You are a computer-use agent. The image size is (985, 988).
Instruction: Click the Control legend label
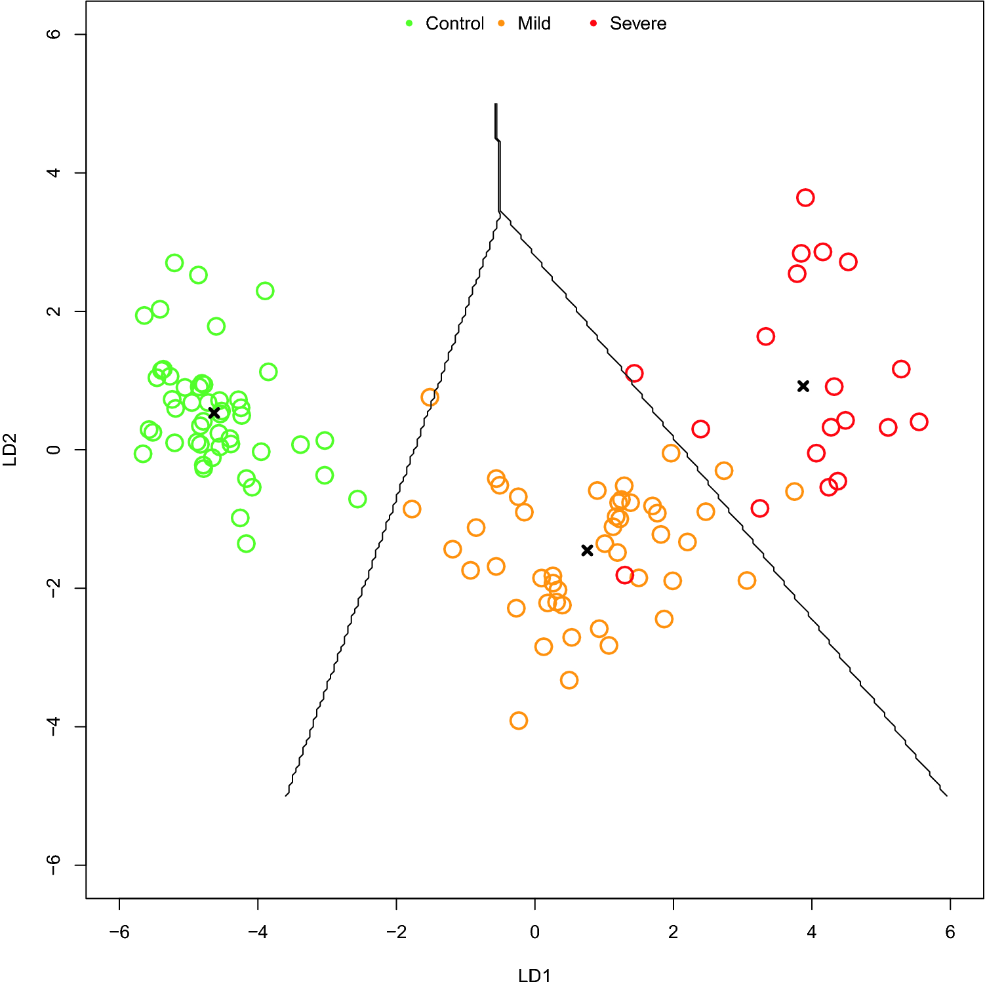coord(454,24)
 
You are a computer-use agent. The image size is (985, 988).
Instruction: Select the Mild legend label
coord(534,24)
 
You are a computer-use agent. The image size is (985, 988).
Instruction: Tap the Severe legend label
coord(637,24)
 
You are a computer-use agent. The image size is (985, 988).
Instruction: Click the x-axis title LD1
coord(534,976)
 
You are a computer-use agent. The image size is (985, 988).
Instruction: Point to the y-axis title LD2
coord(10,450)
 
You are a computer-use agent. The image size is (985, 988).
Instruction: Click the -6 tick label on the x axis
coord(119,932)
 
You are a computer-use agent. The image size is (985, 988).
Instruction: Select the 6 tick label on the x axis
coord(950,932)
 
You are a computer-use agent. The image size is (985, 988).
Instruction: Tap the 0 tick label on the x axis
coord(534,932)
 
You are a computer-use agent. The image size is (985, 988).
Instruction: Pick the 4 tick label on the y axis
coord(54,173)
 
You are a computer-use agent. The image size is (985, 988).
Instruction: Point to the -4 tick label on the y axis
coord(54,726)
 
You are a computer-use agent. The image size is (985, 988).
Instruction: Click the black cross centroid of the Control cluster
coord(214,412)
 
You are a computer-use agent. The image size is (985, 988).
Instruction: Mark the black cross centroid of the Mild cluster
coord(587,550)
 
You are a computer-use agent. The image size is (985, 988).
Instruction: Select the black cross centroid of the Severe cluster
coord(803,386)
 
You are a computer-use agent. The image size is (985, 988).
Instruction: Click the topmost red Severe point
coord(805,198)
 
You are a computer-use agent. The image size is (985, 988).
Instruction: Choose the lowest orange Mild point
coord(519,721)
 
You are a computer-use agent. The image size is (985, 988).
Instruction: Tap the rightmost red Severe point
coord(919,422)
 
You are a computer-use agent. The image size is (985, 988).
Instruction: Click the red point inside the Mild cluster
coord(625,575)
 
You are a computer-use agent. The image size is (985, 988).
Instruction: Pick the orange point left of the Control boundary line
coord(430,397)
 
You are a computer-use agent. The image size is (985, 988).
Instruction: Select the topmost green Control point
coord(174,263)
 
